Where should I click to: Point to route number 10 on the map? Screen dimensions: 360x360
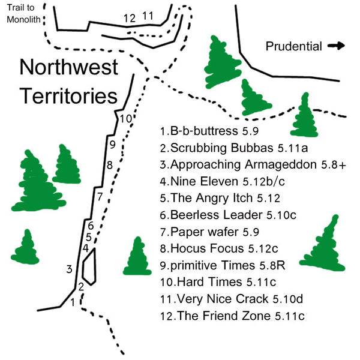[x=125, y=118]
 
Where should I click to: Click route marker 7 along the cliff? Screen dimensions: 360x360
[x=100, y=196]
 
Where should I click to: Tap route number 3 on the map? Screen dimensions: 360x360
[x=70, y=269]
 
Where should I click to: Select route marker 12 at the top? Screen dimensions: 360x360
[x=129, y=17]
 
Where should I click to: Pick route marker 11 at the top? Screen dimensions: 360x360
[x=148, y=16]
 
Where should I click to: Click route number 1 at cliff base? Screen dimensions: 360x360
[x=73, y=302]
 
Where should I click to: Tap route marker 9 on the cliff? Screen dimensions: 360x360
[x=112, y=144]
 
